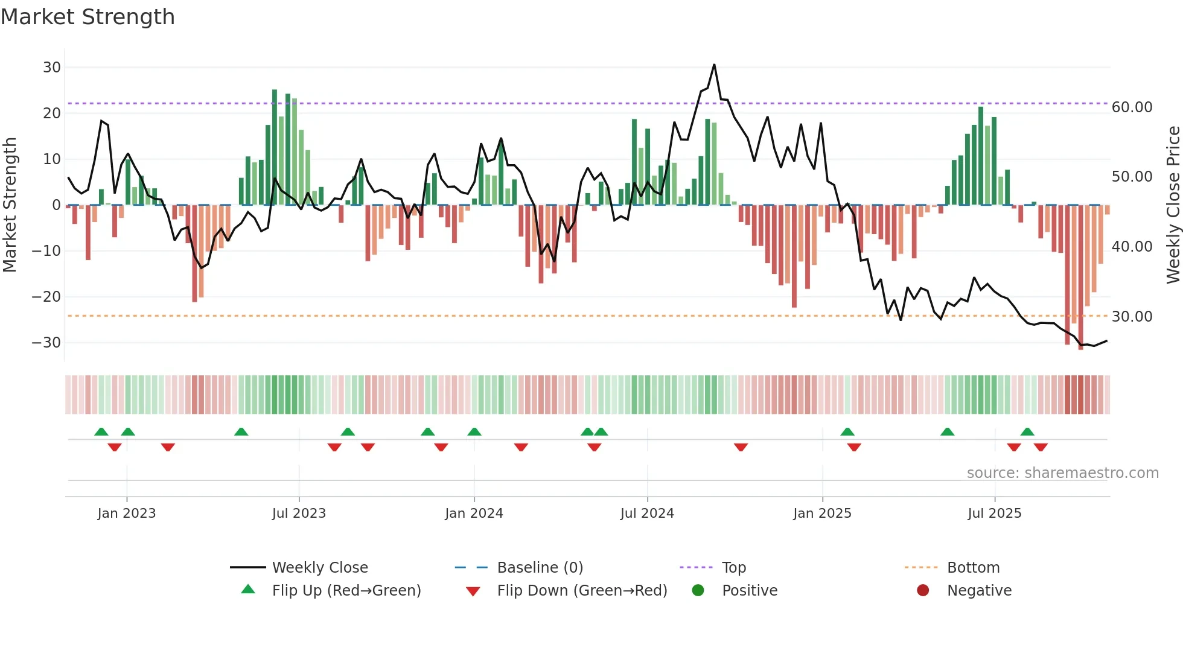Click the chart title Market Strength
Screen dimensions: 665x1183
coord(88,17)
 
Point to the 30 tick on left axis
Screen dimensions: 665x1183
coord(51,68)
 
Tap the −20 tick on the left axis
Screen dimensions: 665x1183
coord(46,297)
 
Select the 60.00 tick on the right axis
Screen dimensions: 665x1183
coord(1132,107)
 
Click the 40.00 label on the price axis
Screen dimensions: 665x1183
coord(1132,247)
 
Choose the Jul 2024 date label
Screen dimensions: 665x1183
coord(646,514)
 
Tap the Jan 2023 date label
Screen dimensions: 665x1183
coord(126,514)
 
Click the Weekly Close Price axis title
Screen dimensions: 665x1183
coord(1173,205)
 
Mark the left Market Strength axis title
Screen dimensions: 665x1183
coord(10,205)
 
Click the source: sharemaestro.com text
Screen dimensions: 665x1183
coord(1062,473)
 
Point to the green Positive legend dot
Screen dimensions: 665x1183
coord(698,591)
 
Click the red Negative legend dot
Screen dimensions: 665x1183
coord(922,591)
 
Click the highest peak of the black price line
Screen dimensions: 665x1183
coord(714,65)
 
